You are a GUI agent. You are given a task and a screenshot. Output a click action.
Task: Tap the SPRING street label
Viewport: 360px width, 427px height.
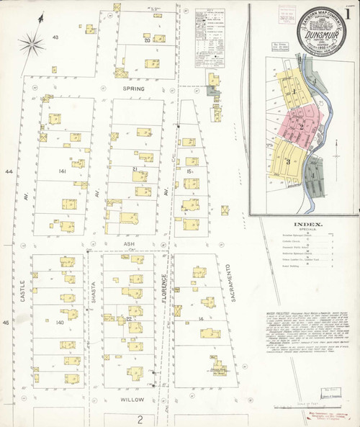(133, 89)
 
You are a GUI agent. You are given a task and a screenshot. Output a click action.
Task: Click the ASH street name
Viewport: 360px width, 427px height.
(130, 243)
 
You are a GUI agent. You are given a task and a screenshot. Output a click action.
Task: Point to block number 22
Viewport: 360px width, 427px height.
(130, 318)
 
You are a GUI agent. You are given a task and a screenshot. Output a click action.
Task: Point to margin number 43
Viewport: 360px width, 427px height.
(55, 36)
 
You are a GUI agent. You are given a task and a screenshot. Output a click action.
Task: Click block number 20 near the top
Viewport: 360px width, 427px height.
(147, 40)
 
